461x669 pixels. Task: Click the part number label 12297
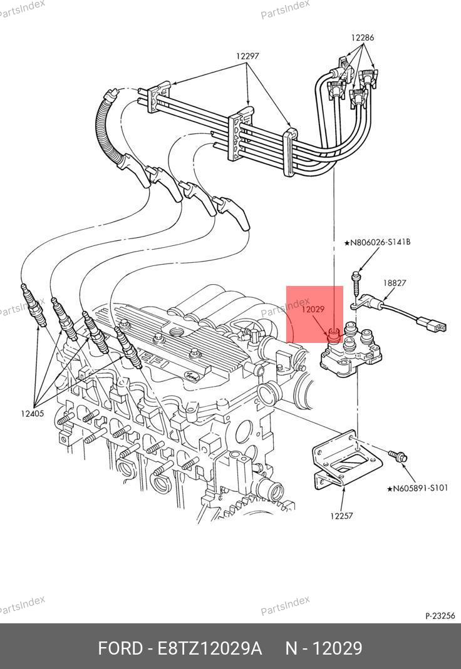tap(247, 56)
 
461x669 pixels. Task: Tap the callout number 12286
tap(363, 38)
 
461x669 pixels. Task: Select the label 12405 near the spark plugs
tap(33, 413)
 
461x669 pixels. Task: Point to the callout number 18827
tap(395, 283)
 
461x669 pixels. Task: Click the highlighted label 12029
tap(313, 309)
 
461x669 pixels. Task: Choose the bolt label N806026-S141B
tap(377, 242)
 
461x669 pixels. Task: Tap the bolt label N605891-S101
tap(417, 488)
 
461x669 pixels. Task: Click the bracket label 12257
tap(341, 516)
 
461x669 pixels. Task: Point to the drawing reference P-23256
tap(440, 616)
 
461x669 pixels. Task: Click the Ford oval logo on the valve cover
tap(191, 375)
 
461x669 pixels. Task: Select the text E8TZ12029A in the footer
tap(210, 648)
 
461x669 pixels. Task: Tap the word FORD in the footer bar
tap(121, 648)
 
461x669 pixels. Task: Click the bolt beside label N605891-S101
tap(397, 456)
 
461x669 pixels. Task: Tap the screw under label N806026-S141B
tap(356, 282)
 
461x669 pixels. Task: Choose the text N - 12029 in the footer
tap(324, 648)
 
